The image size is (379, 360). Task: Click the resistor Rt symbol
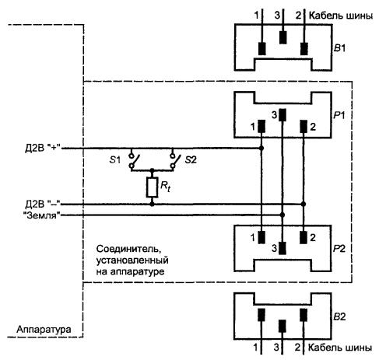(x=152, y=187)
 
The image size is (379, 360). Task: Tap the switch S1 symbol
(x=134, y=161)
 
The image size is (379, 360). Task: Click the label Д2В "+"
(x=43, y=149)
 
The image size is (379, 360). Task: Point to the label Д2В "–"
(x=43, y=204)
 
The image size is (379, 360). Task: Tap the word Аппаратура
(x=44, y=330)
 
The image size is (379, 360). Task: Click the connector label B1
(x=339, y=48)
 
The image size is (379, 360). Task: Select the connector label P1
(x=339, y=115)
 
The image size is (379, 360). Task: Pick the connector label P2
(x=339, y=249)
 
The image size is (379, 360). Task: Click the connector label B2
(x=339, y=316)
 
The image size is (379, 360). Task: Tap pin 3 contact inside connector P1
(x=282, y=115)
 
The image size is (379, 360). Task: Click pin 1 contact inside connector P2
(x=261, y=237)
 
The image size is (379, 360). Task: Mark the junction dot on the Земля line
(x=282, y=215)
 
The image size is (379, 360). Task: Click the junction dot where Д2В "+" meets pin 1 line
(x=261, y=149)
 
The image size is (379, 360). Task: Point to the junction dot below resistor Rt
(x=152, y=204)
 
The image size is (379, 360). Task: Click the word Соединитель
(x=128, y=249)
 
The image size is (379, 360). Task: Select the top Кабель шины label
(x=341, y=16)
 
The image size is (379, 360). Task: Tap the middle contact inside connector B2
(x=282, y=326)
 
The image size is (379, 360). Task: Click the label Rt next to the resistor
(x=165, y=187)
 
